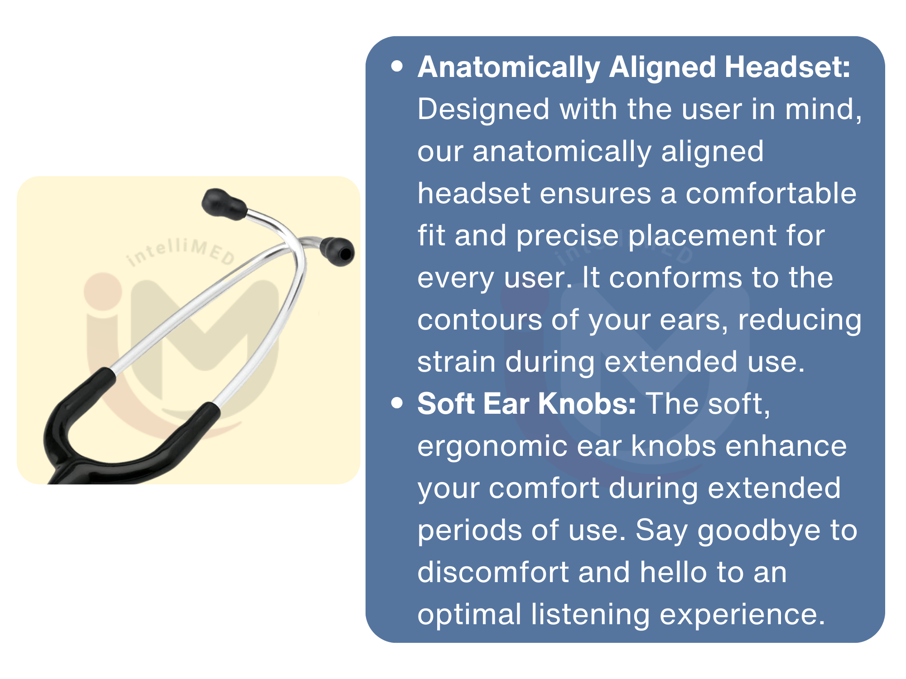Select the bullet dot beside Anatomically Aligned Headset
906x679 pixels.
point(397,67)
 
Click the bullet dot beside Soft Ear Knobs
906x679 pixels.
point(397,403)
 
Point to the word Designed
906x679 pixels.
point(483,110)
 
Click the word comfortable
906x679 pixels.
point(771,193)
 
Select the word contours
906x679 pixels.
point(480,320)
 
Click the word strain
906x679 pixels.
point(457,362)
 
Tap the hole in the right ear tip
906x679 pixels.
point(346,254)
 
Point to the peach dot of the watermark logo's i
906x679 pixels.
point(103,291)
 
